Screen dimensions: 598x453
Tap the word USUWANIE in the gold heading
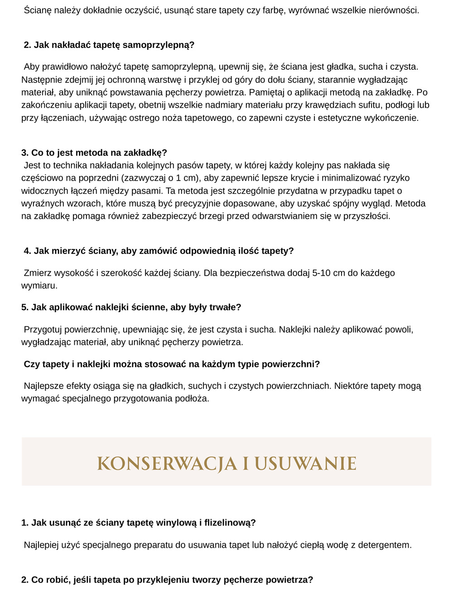click(x=305, y=464)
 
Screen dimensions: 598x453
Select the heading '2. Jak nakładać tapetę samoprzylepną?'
click(x=109, y=45)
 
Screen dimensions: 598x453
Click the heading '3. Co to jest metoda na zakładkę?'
click(x=94, y=153)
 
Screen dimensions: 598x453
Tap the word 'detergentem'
click(x=384, y=545)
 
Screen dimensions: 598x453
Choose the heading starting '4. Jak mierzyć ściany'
click(x=159, y=251)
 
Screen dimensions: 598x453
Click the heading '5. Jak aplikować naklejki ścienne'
click(x=131, y=307)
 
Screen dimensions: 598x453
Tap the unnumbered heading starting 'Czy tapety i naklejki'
click(x=172, y=364)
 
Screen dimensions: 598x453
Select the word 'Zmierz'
click(x=38, y=273)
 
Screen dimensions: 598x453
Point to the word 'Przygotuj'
click(x=43, y=330)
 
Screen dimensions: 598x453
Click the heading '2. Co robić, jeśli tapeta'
click(x=167, y=580)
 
